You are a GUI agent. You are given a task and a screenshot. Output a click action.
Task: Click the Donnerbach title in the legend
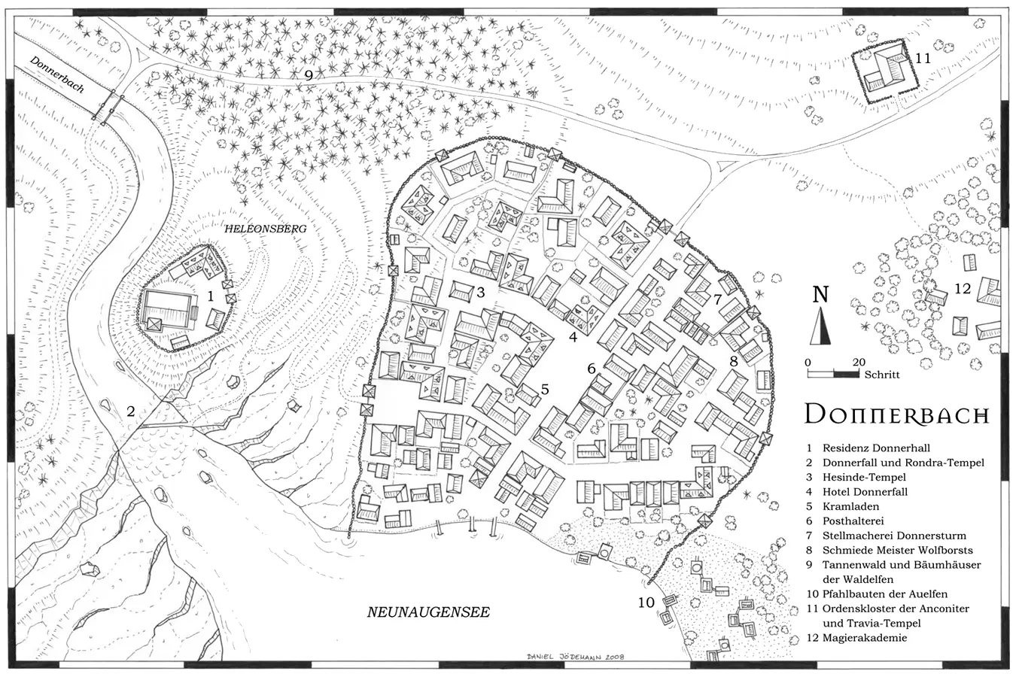[x=896, y=414]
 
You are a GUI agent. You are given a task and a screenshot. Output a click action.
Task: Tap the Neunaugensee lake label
[x=428, y=612]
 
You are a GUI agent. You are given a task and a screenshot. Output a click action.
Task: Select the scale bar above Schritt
[x=832, y=373]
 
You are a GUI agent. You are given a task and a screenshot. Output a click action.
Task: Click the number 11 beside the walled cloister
[x=923, y=58]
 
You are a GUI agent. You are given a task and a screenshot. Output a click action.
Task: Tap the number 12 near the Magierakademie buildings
[x=963, y=288]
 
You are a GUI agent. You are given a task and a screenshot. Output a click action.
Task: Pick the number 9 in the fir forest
[x=309, y=74]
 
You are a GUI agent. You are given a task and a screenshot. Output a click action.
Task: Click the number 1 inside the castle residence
[x=211, y=296]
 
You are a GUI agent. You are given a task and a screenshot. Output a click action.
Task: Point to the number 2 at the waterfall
[x=131, y=411]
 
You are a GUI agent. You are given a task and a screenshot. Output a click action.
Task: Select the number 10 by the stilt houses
[x=646, y=602]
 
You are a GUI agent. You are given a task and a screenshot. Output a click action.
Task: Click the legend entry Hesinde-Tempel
[x=864, y=477]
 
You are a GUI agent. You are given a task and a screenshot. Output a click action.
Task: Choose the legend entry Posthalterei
[x=853, y=521]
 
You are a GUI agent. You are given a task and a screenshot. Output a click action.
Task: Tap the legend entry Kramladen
[x=850, y=506]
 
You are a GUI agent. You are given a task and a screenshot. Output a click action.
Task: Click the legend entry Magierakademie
[x=865, y=638]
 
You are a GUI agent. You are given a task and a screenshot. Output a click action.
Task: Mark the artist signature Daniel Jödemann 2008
[x=576, y=657]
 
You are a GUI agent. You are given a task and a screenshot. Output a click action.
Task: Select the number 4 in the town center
[x=573, y=337]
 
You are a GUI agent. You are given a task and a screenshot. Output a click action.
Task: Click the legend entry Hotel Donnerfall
[x=865, y=492]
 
